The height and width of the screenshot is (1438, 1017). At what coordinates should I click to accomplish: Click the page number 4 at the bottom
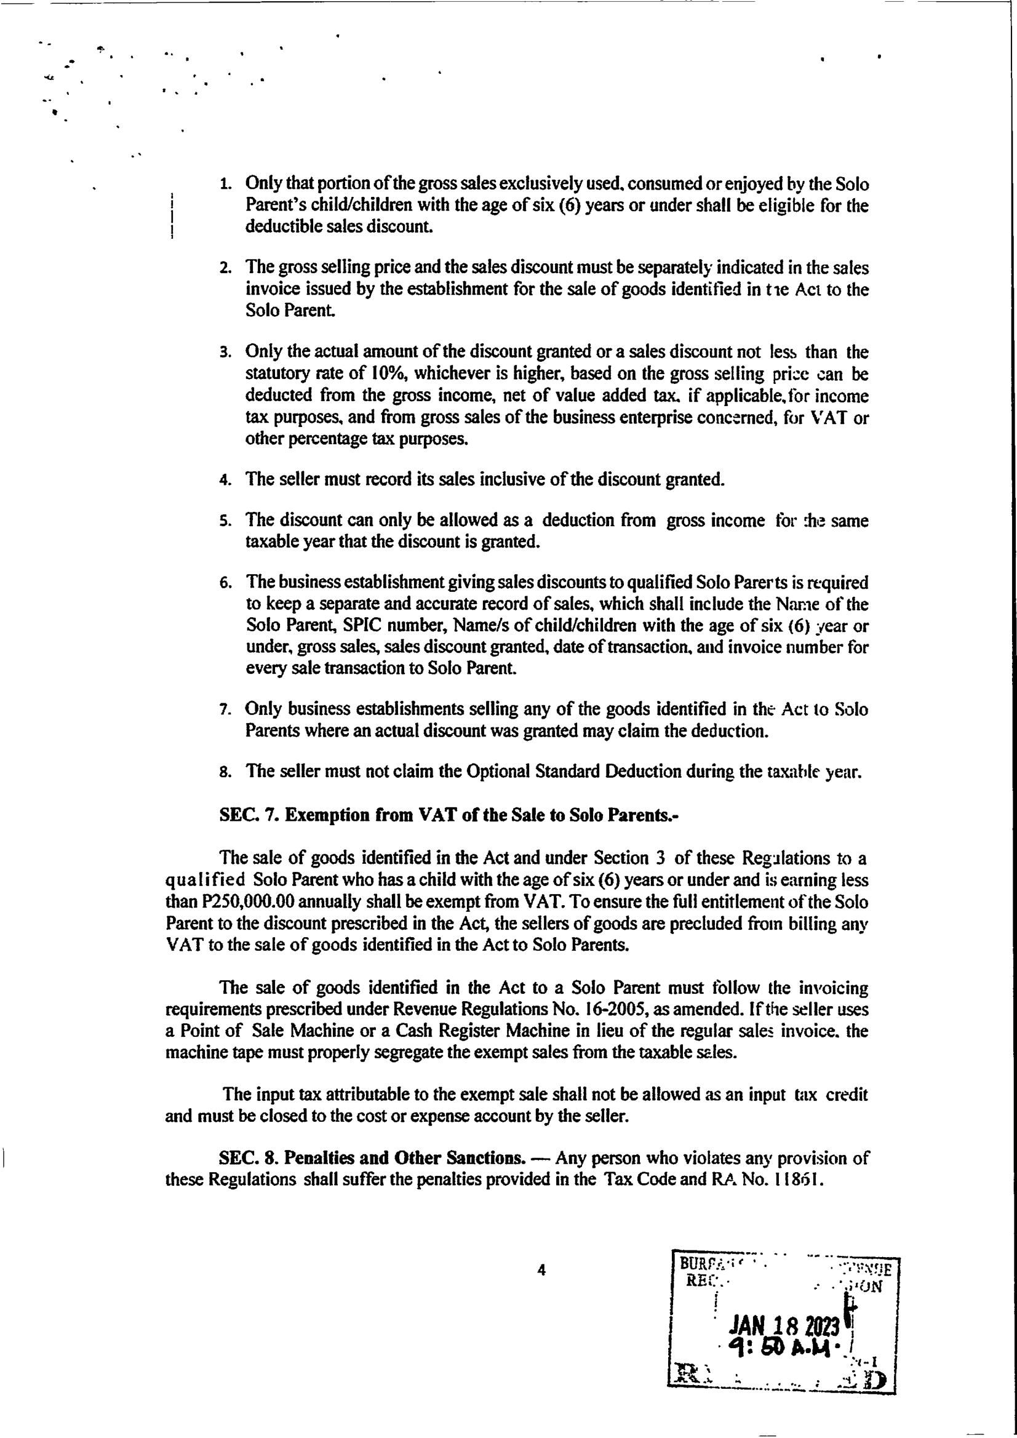[x=541, y=1269]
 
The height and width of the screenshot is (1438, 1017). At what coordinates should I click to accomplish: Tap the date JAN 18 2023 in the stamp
[x=784, y=1326]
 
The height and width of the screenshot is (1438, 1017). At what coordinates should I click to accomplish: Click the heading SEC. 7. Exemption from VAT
[x=449, y=815]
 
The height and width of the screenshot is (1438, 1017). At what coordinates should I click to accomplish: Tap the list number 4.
[x=225, y=481]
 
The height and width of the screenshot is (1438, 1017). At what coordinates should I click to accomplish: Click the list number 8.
[x=225, y=772]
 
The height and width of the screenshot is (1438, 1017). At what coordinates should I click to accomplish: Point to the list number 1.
[x=225, y=185]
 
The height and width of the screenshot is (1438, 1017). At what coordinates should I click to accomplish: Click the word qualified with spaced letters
[x=205, y=880]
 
